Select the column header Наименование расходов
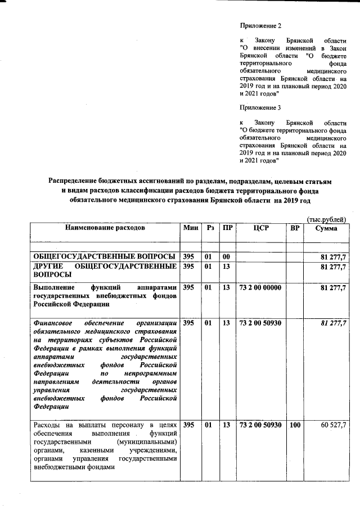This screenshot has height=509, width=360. [105, 228]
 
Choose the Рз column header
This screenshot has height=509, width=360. [210, 228]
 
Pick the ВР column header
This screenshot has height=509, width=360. [294, 228]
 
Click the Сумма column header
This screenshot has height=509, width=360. [326, 229]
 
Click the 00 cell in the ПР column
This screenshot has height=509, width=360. [226, 256]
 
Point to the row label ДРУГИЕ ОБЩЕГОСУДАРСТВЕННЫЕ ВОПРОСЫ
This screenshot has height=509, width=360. [105, 270]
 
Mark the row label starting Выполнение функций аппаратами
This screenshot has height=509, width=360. [105, 296]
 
